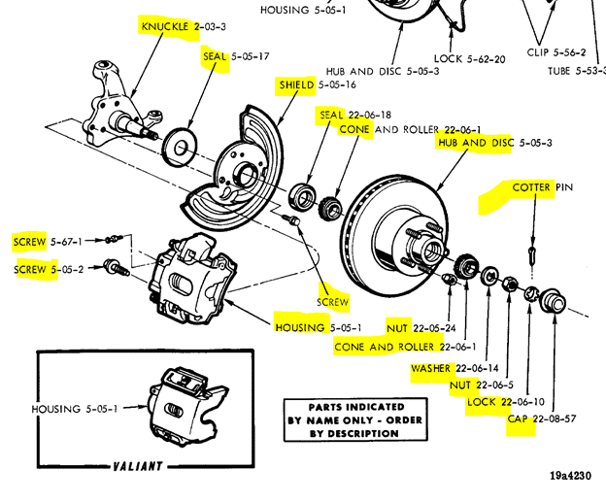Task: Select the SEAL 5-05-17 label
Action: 236,57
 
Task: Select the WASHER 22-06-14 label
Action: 454,369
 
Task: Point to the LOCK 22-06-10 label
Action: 505,402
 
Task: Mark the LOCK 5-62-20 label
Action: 469,58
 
